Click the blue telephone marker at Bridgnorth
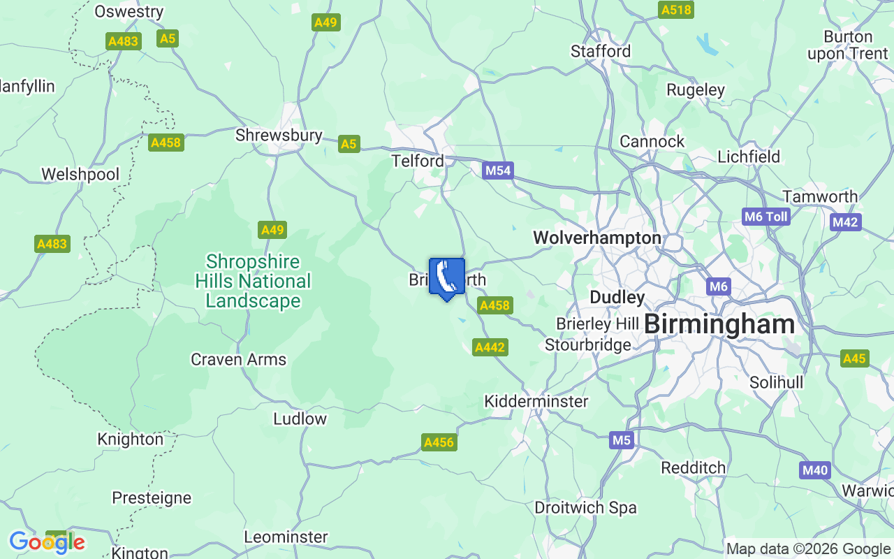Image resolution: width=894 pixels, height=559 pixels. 446,277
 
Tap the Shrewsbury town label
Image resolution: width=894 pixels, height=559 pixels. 279,135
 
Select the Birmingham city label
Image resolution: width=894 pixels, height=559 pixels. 719,324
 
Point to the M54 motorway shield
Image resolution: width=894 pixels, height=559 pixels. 498,170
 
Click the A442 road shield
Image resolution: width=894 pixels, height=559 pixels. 490,347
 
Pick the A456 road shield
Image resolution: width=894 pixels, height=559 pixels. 439,442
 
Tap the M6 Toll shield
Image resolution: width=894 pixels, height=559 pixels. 766,217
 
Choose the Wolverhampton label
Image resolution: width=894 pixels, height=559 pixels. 596,238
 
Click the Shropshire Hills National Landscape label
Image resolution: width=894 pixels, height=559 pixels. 253,282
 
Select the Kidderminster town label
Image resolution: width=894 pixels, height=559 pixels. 536,402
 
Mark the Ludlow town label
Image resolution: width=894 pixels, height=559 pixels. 300,419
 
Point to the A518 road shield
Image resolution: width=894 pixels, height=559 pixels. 675,10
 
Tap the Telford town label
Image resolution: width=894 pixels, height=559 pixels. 418,161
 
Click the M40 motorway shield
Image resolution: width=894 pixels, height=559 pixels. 815,470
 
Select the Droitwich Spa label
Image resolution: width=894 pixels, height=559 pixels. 585,508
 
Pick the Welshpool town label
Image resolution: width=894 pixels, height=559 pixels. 80,174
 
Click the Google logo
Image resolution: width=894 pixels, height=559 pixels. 47,542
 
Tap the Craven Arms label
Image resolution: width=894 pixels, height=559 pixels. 238,360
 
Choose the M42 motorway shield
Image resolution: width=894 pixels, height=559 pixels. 845,222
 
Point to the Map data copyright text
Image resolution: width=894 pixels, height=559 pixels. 808,549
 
